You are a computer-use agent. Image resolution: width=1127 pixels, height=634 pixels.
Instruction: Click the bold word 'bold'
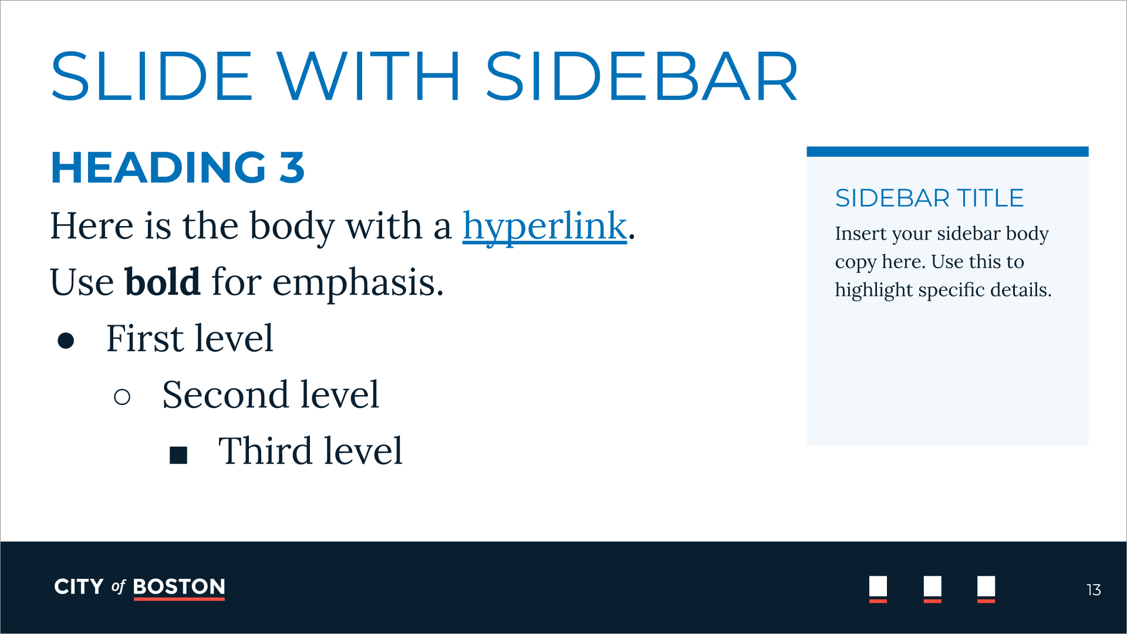pyautogui.click(x=163, y=282)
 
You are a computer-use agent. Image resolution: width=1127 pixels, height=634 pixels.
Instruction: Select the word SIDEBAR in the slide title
pyautogui.click(x=642, y=76)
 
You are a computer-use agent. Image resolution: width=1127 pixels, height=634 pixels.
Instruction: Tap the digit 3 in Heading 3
pyautogui.click(x=292, y=167)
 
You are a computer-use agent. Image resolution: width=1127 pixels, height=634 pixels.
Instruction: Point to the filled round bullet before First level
pyautogui.click(x=66, y=340)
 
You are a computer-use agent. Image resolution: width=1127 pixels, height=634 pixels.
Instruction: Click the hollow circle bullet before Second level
pyautogui.click(x=122, y=397)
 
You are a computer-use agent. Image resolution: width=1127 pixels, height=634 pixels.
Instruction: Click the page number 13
pyautogui.click(x=1094, y=590)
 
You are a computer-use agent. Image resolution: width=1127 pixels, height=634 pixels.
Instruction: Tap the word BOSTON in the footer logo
pyautogui.click(x=179, y=587)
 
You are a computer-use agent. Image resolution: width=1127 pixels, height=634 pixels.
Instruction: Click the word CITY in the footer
pyautogui.click(x=79, y=587)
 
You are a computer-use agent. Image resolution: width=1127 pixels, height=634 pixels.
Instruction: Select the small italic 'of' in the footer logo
pyautogui.click(x=119, y=587)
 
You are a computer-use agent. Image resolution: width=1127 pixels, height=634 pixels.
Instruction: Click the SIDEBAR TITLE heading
pyautogui.click(x=929, y=198)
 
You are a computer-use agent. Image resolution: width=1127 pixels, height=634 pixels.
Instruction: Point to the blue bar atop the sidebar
pyautogui.click(x=947, y=151)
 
